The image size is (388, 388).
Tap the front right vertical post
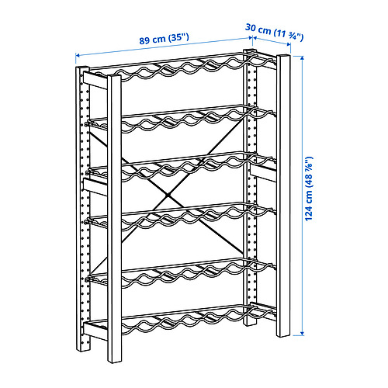[x=285, y=202]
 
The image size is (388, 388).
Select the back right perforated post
[x=251, y=194]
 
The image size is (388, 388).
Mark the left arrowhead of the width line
[x=78, y=55]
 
